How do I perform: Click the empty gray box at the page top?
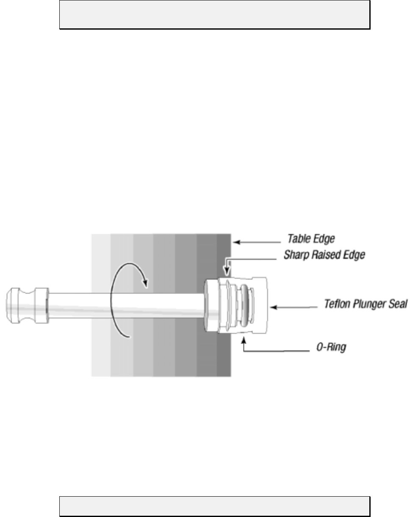[215, 14]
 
